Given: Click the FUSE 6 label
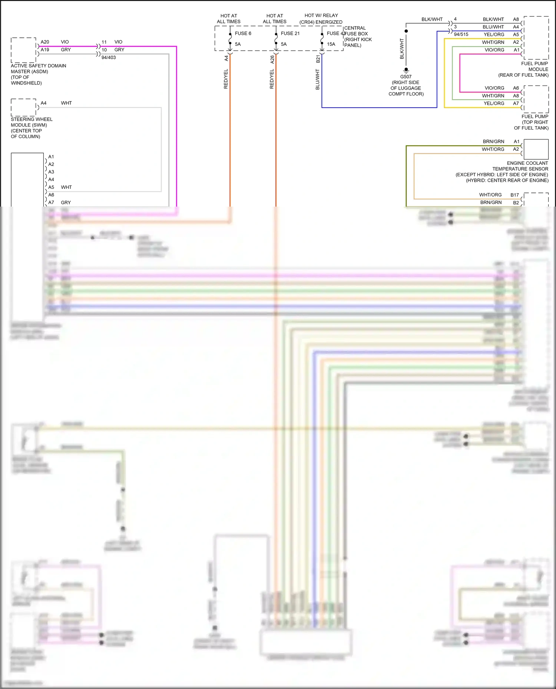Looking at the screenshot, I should point(243,33).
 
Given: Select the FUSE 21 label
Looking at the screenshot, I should point(290,33).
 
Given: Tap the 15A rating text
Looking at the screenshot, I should point(331,44).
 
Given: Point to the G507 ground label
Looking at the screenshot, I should point(406,77).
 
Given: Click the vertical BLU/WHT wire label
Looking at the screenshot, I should point(318,79).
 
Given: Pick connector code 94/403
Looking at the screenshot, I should point(109,57).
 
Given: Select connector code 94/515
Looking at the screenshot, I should point(461,34).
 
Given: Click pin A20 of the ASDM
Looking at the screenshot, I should point(45,42).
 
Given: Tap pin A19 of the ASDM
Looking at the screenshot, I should point(45,50).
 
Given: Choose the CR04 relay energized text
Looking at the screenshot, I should point(321,22).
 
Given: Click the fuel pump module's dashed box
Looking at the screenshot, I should point(536,37).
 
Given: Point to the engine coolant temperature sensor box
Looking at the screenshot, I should point(536,149).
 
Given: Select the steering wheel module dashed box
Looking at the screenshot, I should point(23,107).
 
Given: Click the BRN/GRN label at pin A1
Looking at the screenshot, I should point(493,141).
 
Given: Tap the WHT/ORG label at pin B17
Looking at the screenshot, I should point(490,195).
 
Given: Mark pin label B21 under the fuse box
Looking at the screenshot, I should point(318,59).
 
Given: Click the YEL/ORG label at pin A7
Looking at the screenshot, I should point(494,103).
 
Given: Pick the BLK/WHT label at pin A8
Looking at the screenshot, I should point(493,19).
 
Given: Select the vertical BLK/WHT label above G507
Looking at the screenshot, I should point(402,49).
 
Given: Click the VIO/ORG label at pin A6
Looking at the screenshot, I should point(494,88).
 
